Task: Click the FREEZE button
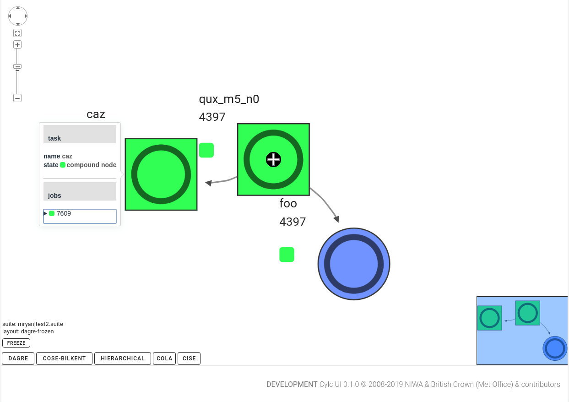[x=16, y=343]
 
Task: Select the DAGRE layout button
[x=18, y=359]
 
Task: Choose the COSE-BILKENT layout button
[x=64, y=359]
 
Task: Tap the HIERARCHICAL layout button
[x=123, y=359]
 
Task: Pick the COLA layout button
[x=164, y=359]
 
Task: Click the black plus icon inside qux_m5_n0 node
[x=273, y=159]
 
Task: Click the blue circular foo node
[x=354, y=264]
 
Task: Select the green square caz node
[x=161, y=174]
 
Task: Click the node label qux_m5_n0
[x=229, y=99]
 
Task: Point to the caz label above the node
[x=96, y=114]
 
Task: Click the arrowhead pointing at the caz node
[x=208, y=183]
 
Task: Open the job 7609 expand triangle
[x=45, y=213]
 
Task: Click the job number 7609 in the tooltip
[x=64, y=213]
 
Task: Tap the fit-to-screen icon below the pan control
[x=17, y=33]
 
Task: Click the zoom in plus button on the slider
[x=17, y=44]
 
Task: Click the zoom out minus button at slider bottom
[x=17, y=98]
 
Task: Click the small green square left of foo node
[x=287, y=255]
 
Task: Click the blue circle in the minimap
[x=555, y=348]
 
